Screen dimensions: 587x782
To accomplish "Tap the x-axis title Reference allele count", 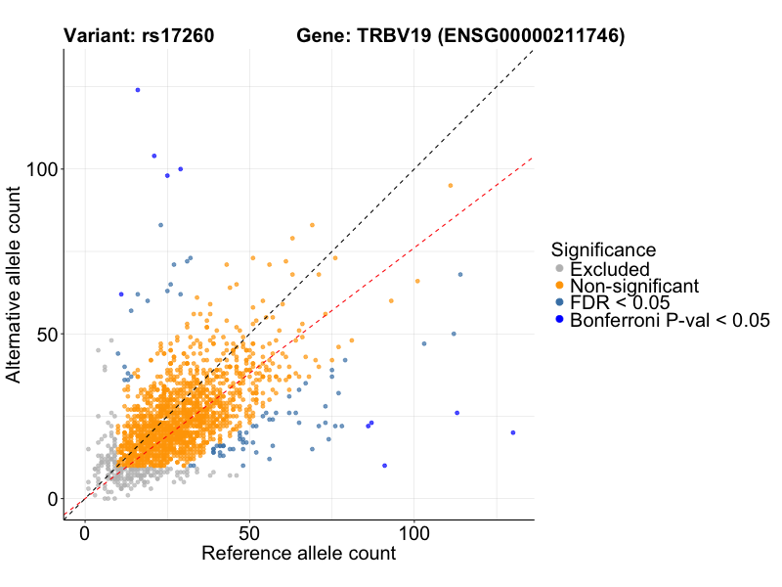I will coord(298,554).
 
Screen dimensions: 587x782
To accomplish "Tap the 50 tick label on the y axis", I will coord(44,334).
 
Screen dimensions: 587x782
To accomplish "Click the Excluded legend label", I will coord(609,268).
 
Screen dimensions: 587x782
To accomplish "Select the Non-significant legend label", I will coord(634,286).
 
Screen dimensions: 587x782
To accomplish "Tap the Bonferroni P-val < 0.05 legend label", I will coord(671,320).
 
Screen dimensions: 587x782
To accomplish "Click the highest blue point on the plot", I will coord(138,90).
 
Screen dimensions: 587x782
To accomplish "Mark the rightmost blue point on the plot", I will coord(512,432).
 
